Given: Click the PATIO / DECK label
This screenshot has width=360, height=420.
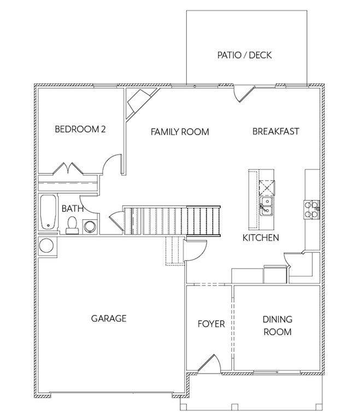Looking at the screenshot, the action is coord(244,55).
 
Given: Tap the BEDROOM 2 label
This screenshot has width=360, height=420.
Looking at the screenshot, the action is coord(80,129).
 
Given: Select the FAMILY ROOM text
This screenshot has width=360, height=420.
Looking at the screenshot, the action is coord(180,132).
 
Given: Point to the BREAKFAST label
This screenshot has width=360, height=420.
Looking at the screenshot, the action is coord(276,131).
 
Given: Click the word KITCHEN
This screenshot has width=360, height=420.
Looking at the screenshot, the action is coord(261,237).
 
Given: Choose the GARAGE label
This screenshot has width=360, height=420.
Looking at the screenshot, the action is coord(109,318).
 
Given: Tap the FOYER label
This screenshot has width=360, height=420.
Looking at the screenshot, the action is coord(211,324).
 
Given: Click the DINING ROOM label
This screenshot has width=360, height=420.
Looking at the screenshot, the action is coord(278,325).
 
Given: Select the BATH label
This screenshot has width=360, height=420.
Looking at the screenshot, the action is coord(72,208).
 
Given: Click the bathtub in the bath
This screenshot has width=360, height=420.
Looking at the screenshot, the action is coord(48,212).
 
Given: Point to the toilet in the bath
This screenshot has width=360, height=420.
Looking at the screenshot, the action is coord(72,225).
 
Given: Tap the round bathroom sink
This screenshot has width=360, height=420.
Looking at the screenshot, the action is coord(90,226).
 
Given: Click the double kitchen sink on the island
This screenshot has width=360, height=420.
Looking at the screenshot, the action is coord(267,206).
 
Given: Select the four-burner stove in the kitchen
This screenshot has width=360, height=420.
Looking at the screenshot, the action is coord(312,209).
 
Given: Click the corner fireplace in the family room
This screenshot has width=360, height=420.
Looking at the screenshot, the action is coord(140,103).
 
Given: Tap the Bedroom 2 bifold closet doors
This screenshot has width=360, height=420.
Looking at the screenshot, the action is coord(68,169).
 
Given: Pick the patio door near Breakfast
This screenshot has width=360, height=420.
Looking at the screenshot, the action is coord(244,94).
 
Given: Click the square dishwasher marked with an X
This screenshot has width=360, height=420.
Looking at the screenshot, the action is coord(267,188).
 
